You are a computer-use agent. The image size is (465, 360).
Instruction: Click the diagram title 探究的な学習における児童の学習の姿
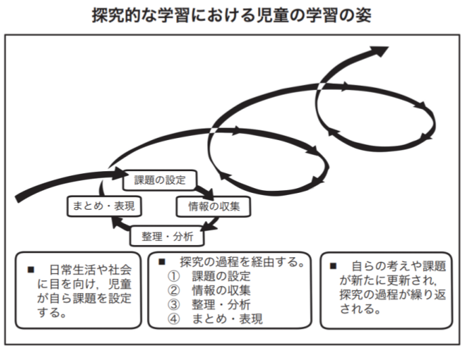pos(231,16)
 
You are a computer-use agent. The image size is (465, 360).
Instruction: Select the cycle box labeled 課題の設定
pos(160,180)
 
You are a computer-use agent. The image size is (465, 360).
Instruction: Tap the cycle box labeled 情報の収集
pos(213,206)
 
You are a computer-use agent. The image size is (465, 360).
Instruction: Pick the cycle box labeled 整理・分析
pos(167,236)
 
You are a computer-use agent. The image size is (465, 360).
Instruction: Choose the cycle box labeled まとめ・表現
pos(104,206)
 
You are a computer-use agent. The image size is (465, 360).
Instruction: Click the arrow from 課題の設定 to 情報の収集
pos(204,192)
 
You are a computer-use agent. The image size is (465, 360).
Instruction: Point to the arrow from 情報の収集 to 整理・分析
pos(211,224)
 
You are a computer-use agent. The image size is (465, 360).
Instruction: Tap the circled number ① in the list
pos(173,276)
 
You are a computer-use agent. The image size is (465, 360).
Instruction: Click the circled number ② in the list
pos(173,290)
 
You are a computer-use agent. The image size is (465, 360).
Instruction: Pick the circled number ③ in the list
pos(173,305)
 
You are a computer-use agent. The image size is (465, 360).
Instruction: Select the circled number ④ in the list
pos(173,319)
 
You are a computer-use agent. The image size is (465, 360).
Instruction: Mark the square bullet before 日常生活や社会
pos(31,269)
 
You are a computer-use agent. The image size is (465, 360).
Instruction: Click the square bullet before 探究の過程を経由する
pos(162,262)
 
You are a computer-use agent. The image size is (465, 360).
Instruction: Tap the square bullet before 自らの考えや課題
pos(333,266)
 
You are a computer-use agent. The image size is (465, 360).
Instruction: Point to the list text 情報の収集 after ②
pos(221,290)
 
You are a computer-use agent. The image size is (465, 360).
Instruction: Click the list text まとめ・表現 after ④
pos(227,319)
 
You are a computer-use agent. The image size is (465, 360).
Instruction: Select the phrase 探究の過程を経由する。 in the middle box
pos(242,262)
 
